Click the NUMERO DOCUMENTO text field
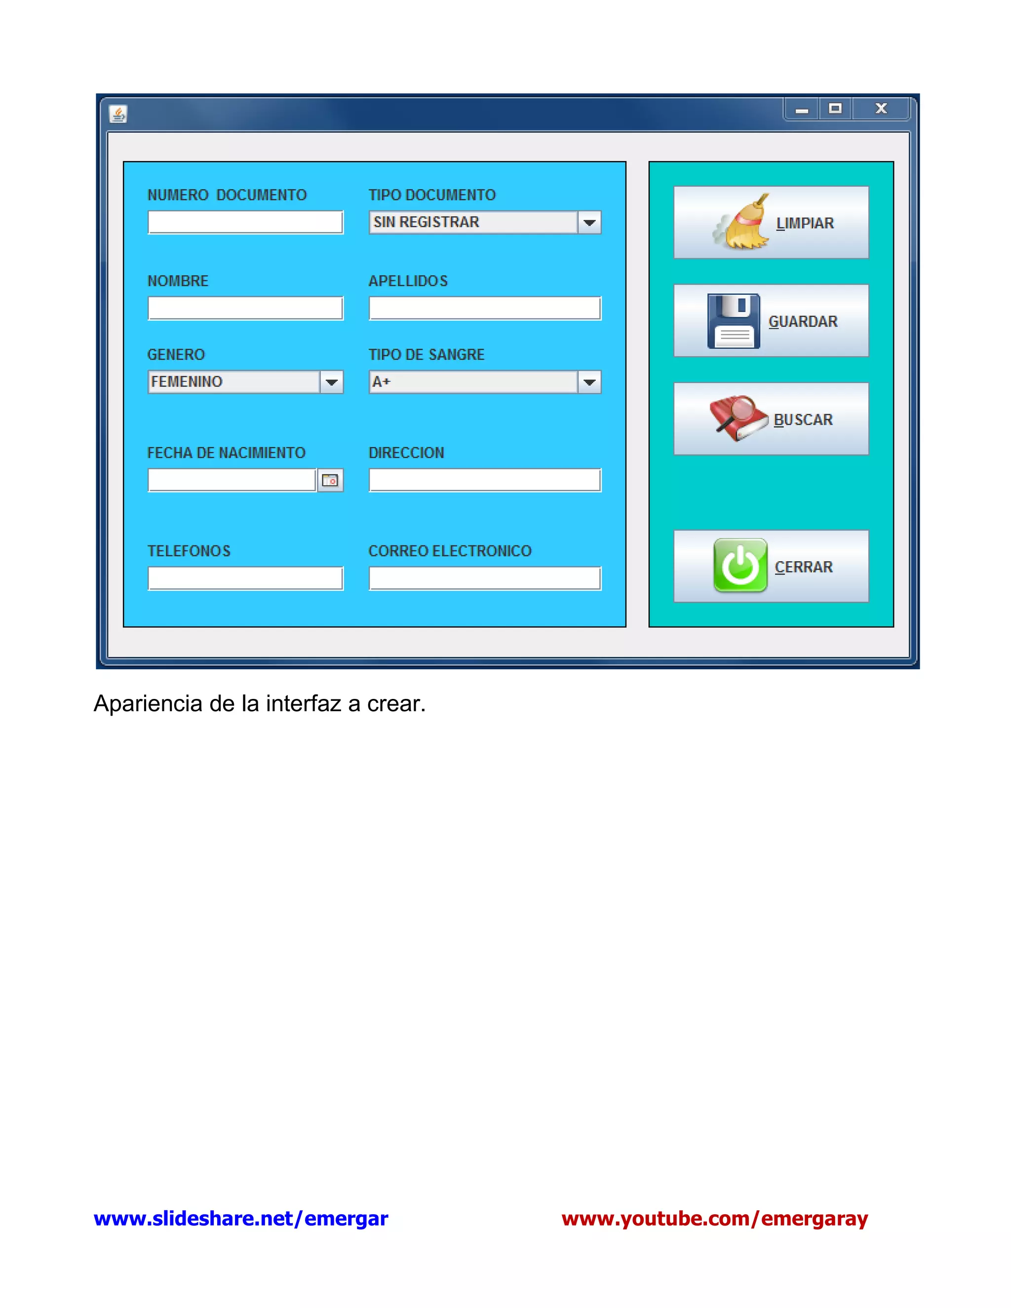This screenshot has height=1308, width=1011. coord(245,222)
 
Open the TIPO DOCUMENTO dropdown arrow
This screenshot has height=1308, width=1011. coord(589,222)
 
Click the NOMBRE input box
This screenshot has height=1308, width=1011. coord(245,308)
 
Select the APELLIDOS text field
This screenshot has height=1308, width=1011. coord(485,308)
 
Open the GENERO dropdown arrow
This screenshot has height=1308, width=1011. coord(331,382)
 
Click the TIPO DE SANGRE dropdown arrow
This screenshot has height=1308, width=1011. coord(589,382)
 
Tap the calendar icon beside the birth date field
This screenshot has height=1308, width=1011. coord(330,480)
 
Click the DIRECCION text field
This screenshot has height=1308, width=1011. coord(485,480)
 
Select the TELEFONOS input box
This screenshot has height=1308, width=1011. coord(245,578)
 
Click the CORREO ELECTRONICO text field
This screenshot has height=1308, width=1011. coord(485,578)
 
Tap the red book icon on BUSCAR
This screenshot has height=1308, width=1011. coord(739,418)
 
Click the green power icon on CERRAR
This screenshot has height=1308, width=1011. coord(740,565)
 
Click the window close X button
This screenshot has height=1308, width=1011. coord(881,109)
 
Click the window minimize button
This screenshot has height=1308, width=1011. coord(802,110)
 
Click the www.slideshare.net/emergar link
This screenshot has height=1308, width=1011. coord(241,1219)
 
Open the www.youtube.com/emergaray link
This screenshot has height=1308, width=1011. coord(714,1219)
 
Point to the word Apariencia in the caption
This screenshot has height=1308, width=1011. coord(148,704)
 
